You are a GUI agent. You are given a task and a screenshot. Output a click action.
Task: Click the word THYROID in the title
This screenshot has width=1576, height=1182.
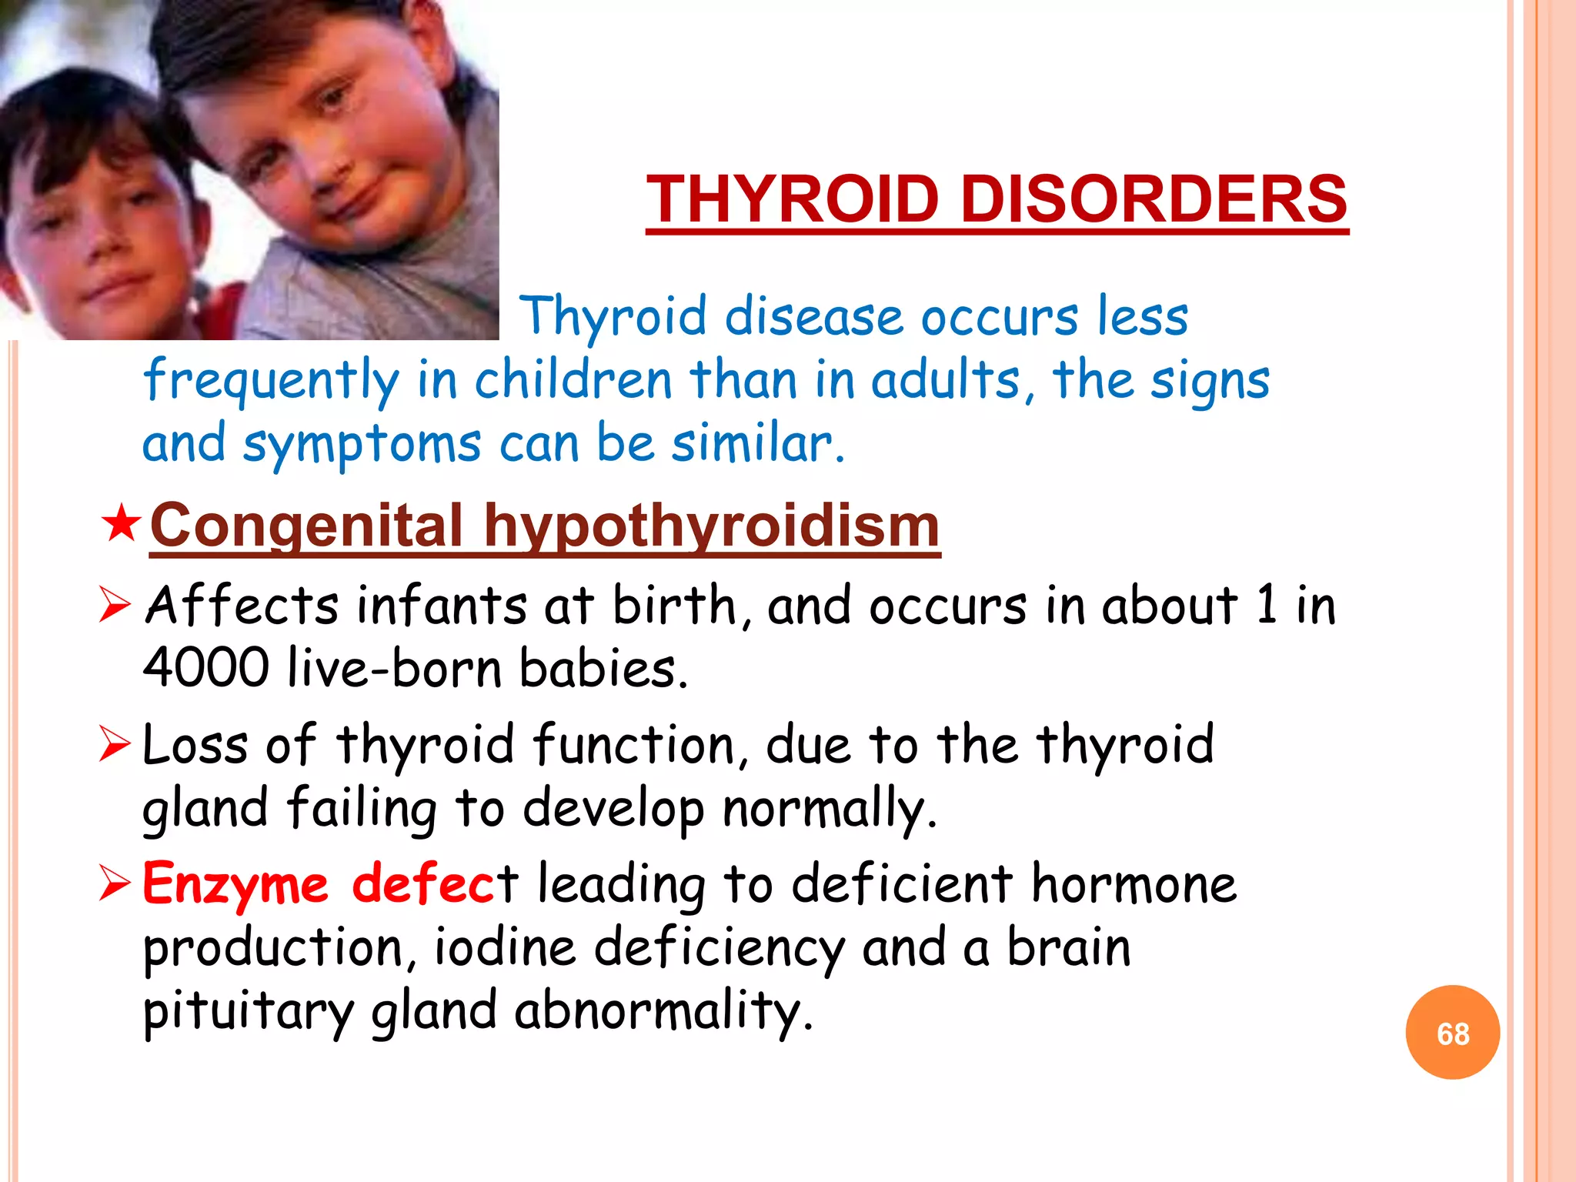[793, 199]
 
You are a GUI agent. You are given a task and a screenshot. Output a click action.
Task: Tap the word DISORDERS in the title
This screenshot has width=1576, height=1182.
[1154, 199]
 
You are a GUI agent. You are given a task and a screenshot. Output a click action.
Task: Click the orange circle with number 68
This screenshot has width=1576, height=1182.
[1452, 1033]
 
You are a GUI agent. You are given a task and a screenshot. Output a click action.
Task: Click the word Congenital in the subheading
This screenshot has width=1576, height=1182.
[306, 526]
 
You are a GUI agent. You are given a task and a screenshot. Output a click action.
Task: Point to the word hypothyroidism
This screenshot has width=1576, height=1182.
[711, 526]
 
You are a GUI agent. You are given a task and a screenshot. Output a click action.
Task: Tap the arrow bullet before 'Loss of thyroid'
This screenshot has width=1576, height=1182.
[115, 744]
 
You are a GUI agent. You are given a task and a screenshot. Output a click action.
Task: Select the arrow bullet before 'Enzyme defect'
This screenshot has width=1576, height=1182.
[115, 883]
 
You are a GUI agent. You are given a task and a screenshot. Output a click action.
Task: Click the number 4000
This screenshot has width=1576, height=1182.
[206, 667]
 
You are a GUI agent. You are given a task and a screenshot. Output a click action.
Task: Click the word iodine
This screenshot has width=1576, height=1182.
[505, 947]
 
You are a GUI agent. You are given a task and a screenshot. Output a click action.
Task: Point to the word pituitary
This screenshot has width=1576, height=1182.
[249, 1011]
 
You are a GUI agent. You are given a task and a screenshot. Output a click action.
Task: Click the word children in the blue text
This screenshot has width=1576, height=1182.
[573, 381]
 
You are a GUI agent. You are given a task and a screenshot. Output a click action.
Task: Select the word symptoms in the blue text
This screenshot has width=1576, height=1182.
[362, 445]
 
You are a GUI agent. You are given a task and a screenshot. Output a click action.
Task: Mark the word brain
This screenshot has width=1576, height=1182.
[1069, 947]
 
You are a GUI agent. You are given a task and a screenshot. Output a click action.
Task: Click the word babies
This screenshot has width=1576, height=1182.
[603, 667]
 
